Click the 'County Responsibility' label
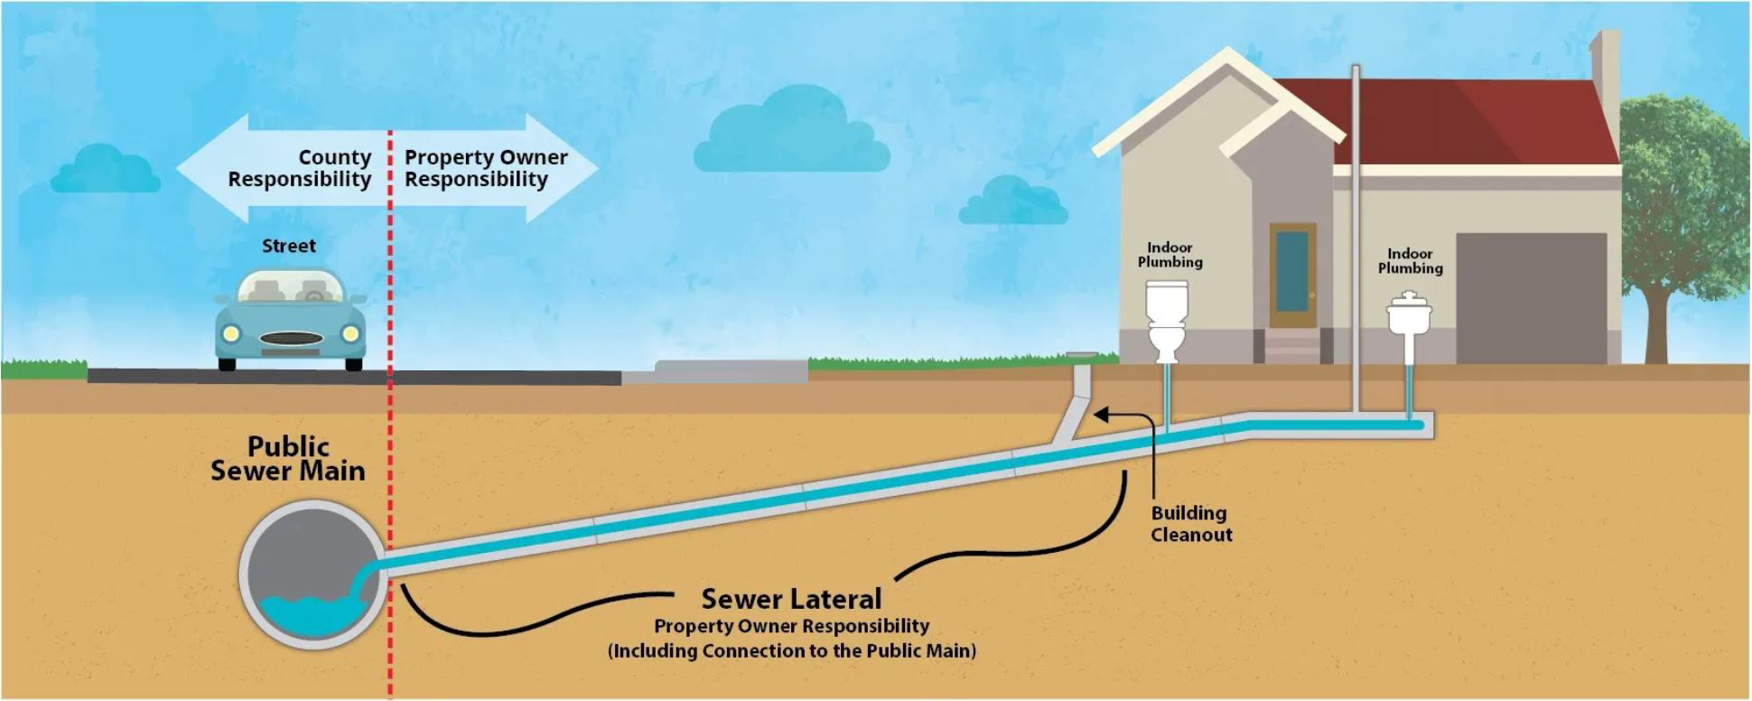299,169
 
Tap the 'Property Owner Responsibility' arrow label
485,169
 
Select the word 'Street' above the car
289,246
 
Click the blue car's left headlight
231,334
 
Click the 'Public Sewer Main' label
288,459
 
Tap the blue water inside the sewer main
307,614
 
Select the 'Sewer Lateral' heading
791,599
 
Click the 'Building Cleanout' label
1190,524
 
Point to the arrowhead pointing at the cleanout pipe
1101,415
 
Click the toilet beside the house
1166,321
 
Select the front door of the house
1292,275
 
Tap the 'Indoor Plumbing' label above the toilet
1170,255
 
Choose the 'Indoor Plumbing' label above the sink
1410,261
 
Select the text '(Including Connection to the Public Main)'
792,650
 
